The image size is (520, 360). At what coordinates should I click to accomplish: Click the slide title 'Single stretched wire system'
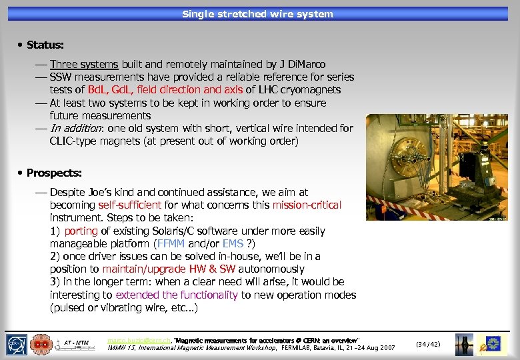(x=257, y=13)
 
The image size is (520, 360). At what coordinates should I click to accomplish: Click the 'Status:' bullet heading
(x=45, y=45)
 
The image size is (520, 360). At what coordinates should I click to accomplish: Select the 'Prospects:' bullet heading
(x=54, y=173)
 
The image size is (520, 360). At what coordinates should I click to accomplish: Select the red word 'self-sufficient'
(x=129, y=205)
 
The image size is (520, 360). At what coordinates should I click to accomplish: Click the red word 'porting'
(x=81, y=231)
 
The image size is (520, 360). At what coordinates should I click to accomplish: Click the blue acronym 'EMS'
(x=233, y=244)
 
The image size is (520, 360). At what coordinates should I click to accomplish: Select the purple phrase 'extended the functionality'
(x=177, y=295)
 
